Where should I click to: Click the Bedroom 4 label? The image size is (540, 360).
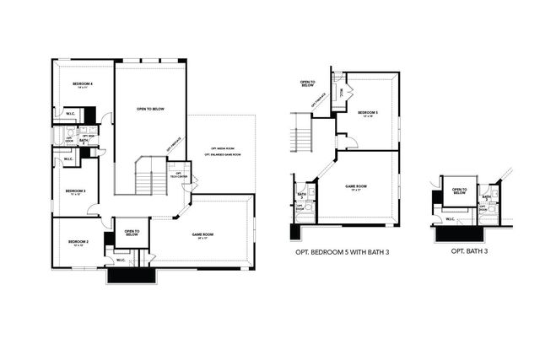[82, 84]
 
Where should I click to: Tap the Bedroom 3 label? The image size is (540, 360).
[74, 191]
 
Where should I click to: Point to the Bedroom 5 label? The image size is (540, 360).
[368, 113]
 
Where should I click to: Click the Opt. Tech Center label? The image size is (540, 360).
[180, 175]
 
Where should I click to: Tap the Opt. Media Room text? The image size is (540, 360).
[223, 148]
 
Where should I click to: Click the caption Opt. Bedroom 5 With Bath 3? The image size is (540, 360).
[343, 251]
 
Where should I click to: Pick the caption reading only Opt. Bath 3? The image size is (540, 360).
[470, 251]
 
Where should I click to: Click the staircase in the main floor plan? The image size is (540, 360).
[150, 180]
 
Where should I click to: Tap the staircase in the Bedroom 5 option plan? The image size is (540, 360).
[302, 133]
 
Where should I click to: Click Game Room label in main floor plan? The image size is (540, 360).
[202, 234]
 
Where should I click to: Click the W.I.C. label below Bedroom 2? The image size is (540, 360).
[121, 260]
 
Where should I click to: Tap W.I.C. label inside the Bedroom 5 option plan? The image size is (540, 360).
[341, 94]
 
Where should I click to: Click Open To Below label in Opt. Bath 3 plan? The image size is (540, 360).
[459, 191]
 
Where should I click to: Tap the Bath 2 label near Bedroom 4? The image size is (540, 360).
[84, 141]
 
